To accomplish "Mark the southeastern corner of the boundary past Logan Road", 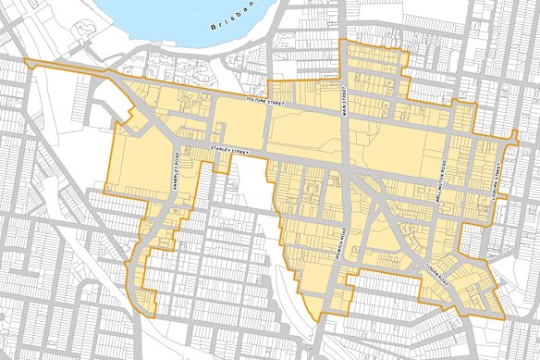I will click(504, 317).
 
